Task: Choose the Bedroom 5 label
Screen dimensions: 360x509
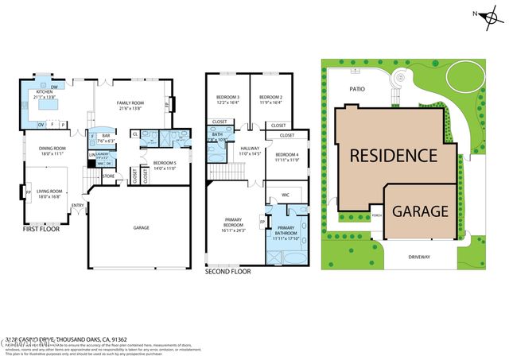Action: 164,165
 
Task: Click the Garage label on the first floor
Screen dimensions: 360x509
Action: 141,228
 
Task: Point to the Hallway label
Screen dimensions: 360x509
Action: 251,150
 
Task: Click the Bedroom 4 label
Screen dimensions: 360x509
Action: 286,157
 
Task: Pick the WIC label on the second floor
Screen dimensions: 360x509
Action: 285,195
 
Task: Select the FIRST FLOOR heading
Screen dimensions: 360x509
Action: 42,228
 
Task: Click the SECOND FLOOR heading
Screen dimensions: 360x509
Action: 228,272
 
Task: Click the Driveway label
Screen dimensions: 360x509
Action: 419,257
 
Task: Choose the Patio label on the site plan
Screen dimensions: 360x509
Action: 356,89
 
